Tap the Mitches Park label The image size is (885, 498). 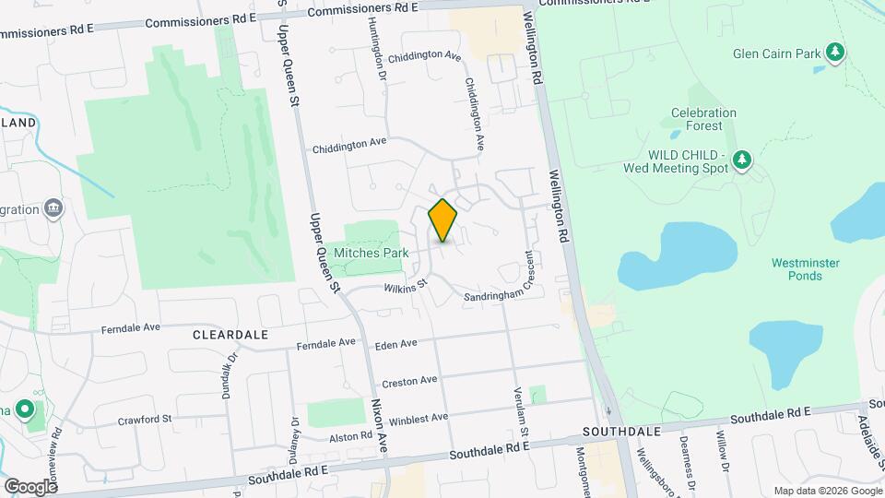pyautogui.click(x=372, y=253)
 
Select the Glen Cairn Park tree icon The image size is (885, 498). pyautogui.click(x=835, y=52)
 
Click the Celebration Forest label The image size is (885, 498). pyautogui.click(x=703, y=119)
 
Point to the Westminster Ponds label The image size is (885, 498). pyautogui.click(x=806, y=268)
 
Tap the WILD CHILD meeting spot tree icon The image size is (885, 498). pyautogui.click(x=742, y=161)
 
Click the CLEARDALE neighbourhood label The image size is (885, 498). pyautogui.click(x=230, y=335)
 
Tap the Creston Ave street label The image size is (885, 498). pyautogui.click(x=409, y=380)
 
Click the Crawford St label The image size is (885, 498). pyautogui.click(x=145, y=420)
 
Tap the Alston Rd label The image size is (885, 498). pyautogui.click(x=350, y=435)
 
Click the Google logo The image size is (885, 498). pyautogui.click(x=30, y=486)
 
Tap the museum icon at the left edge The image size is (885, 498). pyautogui.click(x=53, y=207)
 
